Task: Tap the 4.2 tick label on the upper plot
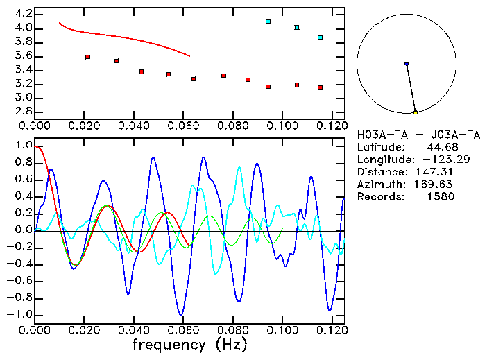coord(23,14)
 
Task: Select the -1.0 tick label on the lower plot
coord(20,314)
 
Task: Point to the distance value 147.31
coord(437,172)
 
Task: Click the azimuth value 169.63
coord(437,185)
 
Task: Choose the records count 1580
coord(440,197)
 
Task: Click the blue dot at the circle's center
coord(407,64)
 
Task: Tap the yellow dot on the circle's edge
coord(416,112)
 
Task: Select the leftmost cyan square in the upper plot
coord(268,22)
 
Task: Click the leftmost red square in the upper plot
coord(87,57)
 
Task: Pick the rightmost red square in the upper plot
coord(320,87)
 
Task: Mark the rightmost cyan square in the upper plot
coord(320,37)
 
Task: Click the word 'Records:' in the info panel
coord(379,197)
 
